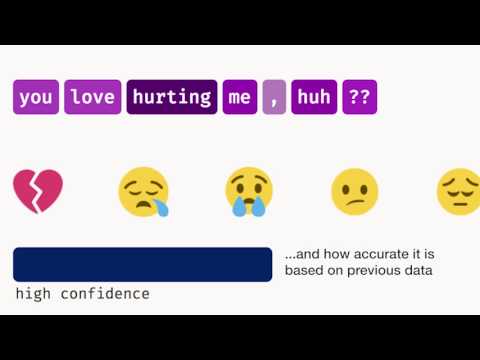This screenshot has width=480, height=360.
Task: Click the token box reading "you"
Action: pos(36,97)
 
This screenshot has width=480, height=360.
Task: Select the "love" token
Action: pos(93,97)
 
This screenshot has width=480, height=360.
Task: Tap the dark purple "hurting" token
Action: pos(171,97)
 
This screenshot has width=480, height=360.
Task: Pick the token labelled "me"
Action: pos(240,97)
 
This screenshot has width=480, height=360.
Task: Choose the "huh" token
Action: pos(313,97)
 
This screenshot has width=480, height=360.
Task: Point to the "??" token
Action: pos(358,97)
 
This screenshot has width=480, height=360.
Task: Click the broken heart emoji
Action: pos(38,191)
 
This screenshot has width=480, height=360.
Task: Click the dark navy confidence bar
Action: pos(142,264)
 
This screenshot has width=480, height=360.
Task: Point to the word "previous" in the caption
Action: pos(371,270)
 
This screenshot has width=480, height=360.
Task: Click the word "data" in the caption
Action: pos(418,270)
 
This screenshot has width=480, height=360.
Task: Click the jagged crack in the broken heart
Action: pos(37,190)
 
